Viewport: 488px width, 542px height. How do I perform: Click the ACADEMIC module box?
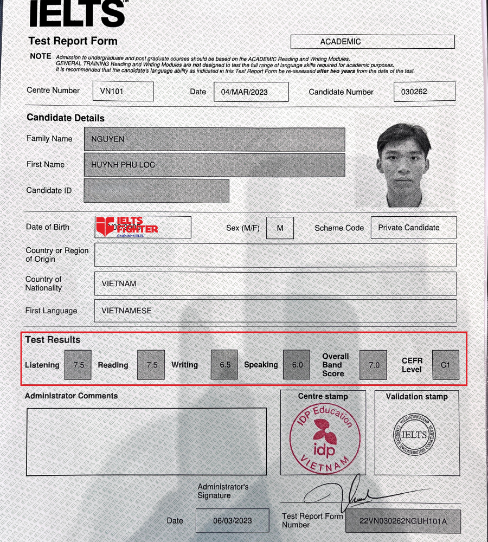click(373, 42)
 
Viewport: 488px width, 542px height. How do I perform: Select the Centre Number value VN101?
click(123, 91)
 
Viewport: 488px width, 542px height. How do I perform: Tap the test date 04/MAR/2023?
click(251, 92)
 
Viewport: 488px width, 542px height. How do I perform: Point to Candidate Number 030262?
click(424, 92)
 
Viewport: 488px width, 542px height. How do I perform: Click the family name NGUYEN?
click(214, 139)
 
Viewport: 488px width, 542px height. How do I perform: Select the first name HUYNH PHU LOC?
click(214, 165)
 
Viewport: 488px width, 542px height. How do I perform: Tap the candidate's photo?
click(403, 165)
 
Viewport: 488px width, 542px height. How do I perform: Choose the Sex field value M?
click(280, 228)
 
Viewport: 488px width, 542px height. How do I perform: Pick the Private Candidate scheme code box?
click(413, 228)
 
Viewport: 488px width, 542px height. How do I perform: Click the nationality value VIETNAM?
click(275, 283)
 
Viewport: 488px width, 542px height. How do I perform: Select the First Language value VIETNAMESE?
click(275, 311)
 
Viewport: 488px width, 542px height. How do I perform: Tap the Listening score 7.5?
click(79, 365)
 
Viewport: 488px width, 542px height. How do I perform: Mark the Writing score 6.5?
click(225, 365)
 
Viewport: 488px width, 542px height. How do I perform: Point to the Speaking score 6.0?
click(297, 365)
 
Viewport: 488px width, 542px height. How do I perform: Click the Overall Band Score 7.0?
click(374, 365)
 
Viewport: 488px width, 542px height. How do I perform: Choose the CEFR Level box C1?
click(445, 365)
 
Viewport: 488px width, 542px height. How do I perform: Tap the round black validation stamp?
click(416, 434)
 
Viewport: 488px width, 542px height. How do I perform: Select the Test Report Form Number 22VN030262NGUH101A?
click(403, 521)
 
